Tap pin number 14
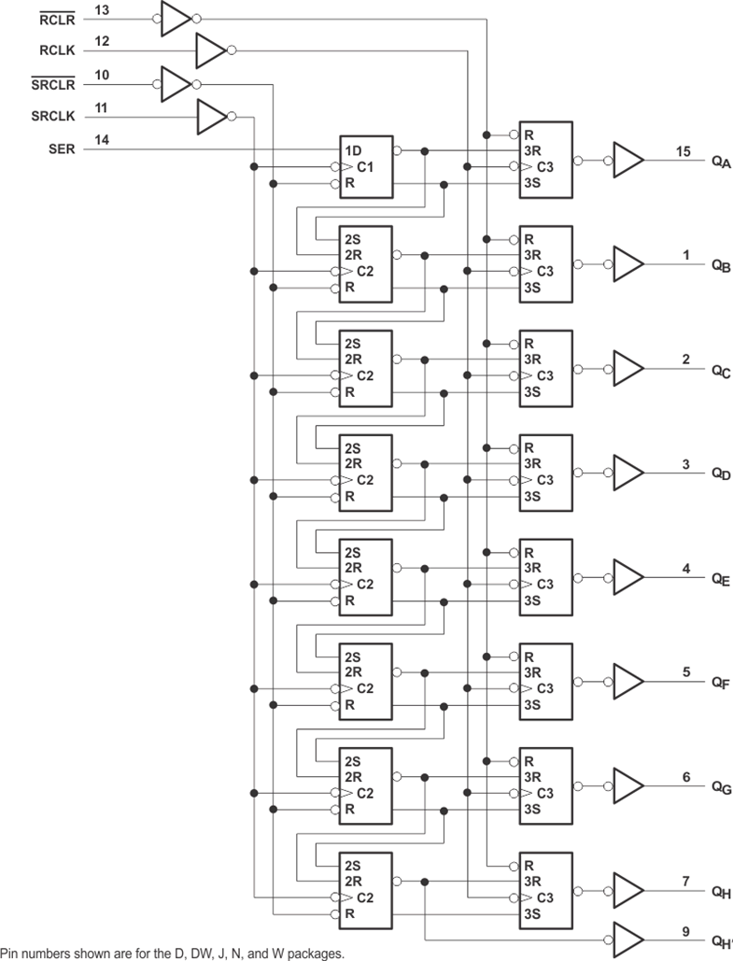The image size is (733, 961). click(102, 139)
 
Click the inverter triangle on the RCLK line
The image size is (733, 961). click(210, 50)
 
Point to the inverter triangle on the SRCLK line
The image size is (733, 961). click(211, 117)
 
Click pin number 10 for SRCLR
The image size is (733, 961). click(102, 74)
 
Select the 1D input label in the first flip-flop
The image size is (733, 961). click(353, 151)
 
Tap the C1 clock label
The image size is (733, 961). click(366, 167)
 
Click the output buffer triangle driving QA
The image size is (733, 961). click(627, 160)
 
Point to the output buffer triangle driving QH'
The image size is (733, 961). click(627, 935)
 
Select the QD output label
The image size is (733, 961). click(720, 474)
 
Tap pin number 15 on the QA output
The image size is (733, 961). click(685, 150)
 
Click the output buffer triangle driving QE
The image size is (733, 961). click(627, 577)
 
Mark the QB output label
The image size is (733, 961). click(720, 265)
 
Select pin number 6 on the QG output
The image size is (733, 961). click(686, 777)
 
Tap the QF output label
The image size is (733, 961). click(720, 684)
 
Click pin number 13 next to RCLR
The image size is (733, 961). click(102, 8)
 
